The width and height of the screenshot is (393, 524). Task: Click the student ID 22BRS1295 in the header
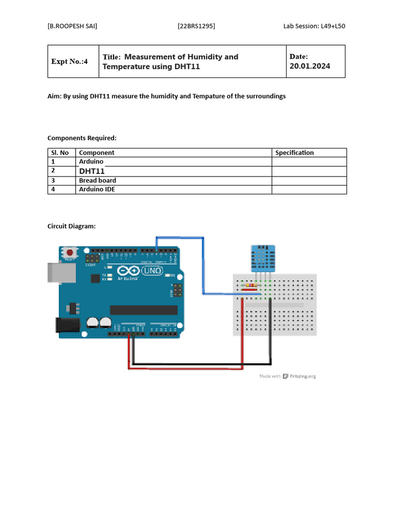point(196,26)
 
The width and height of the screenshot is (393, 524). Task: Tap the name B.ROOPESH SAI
point(72,26)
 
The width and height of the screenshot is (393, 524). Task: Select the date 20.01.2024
point(310,66)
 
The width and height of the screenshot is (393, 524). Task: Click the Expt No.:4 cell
point(70,61)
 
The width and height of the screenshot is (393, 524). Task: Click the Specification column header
point(294,152)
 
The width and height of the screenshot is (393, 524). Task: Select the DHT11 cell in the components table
point(92,171)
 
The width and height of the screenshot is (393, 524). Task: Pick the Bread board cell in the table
point(97,180)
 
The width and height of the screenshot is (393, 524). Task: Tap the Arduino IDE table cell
point(97,189)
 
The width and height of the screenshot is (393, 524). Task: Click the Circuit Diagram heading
point(71,226)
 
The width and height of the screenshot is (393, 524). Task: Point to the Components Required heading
point(82,138)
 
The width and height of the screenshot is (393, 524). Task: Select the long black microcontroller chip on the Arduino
point(143,310)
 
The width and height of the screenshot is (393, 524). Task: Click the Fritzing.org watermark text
point(303,376)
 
